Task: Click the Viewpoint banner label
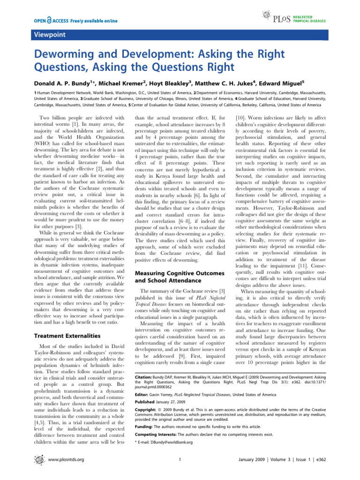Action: [46, 35]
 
